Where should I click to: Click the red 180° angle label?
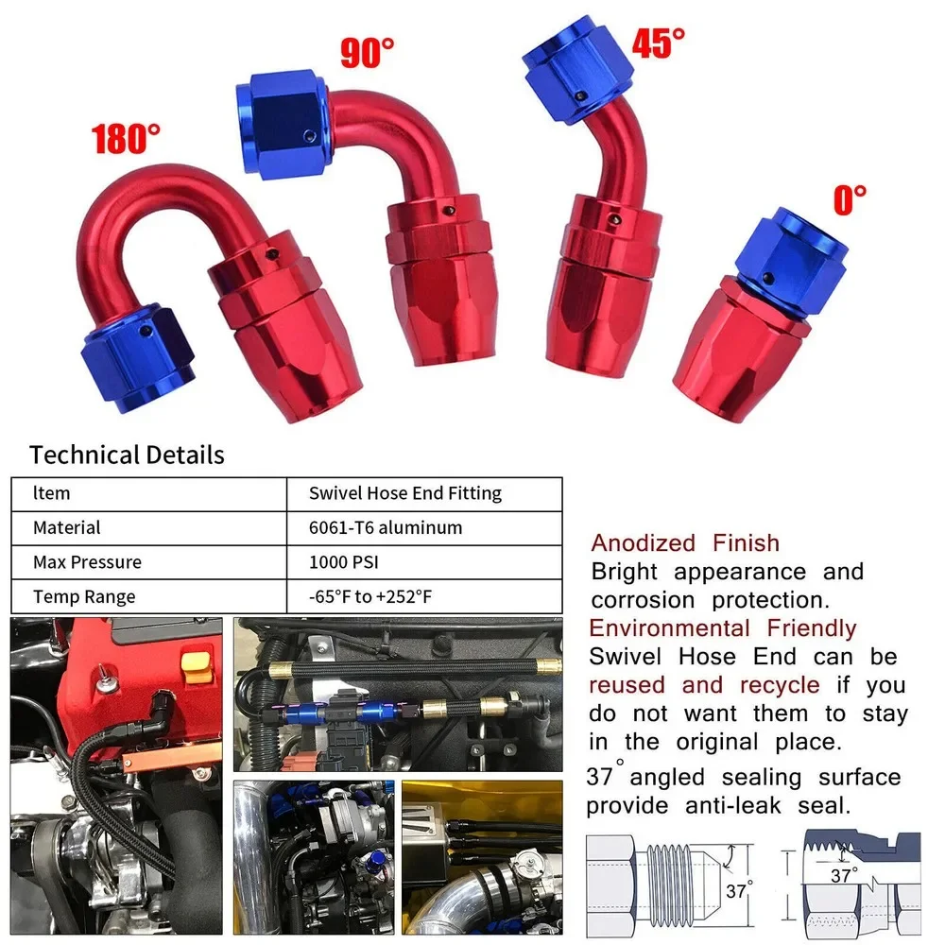click(x=126, y=138)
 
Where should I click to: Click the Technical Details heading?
click(x=127, y=455)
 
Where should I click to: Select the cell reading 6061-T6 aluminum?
click(x=386, y=527)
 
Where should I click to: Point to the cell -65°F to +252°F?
click(x=372, y=596)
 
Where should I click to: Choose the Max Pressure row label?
click(x=87, y=562)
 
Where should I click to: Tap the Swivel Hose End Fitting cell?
click(x=405, y=493)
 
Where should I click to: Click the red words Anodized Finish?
click(x=685, y=543)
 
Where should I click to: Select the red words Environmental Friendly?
click(x=722, y=628)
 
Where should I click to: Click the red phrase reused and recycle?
click(x=703, y=685)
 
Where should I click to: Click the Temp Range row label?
click(x=83, y=596)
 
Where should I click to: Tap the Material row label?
click(x=66, y=527)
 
